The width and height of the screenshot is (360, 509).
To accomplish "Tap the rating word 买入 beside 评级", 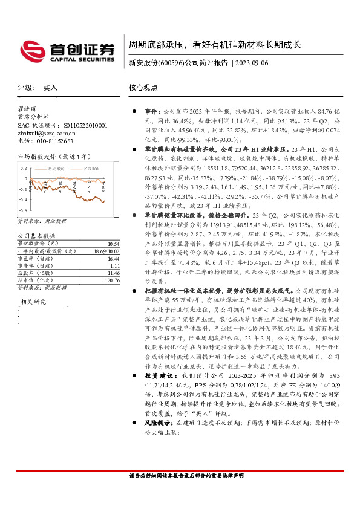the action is click(50, 88).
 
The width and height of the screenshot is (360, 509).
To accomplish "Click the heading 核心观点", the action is click(143, 88).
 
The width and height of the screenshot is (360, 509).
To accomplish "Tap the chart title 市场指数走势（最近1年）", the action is click(52, 157).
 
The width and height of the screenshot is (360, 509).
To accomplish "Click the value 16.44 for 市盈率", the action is click(114, 258).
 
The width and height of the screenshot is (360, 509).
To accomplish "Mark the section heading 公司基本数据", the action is click(36, 236).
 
